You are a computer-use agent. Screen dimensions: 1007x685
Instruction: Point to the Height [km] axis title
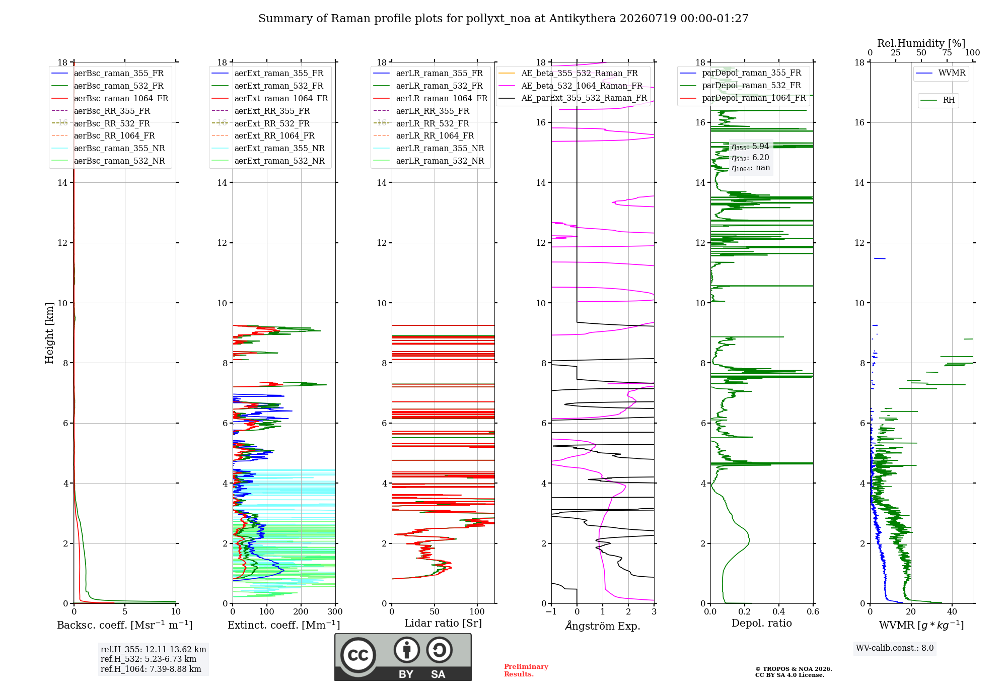point(49,333)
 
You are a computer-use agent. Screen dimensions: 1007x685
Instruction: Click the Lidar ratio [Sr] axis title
point(443,623)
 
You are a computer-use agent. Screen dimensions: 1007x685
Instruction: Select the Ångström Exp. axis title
point(603,626)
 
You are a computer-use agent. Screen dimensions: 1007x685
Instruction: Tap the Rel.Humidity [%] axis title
point(921,43)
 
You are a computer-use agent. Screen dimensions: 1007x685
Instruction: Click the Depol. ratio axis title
point(762,623)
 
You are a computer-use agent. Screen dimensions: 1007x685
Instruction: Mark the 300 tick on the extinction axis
point(335,611)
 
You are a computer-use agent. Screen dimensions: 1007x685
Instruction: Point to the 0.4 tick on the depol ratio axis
point(779,611)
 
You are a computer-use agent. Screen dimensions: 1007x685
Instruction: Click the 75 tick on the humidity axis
point(947,52)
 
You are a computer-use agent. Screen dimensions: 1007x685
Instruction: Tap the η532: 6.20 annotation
point(750,157)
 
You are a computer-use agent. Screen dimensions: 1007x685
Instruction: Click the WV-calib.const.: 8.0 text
point(895,648)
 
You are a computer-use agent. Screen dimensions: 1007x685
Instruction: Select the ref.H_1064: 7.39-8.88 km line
point(151,669)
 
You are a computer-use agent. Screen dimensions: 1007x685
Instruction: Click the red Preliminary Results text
point(526,670)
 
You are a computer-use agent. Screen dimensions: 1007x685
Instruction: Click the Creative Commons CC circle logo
point(358,655)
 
